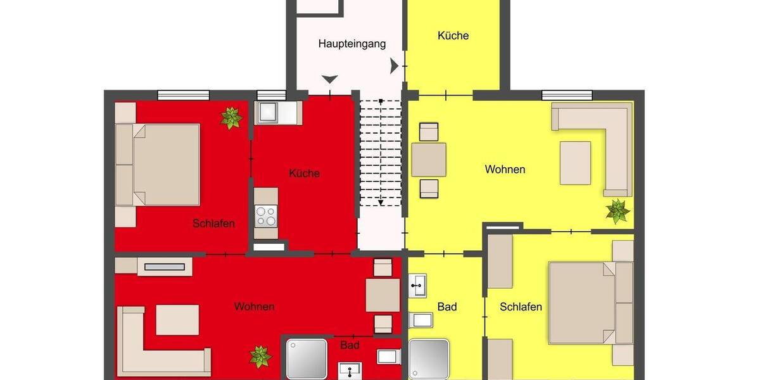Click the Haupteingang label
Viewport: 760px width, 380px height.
(352, 44)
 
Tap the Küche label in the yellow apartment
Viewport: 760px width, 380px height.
(453, 35)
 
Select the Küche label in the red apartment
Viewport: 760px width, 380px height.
(304, 173)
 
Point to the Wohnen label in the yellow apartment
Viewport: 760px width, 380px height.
(505, 169)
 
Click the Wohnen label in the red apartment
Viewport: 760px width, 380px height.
(254, 307)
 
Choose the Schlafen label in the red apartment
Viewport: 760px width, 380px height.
(214, 224)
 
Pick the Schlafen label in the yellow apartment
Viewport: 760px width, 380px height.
(521, 307)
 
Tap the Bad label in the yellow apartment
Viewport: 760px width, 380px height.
(447, 307)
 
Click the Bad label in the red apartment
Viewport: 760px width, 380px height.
(350, 345)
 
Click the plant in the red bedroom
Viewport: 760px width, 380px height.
(231, 118)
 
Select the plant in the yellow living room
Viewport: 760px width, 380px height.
(617, 211)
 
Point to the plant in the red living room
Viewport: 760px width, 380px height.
(260, 357)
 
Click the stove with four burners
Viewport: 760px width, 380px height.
(265, 217)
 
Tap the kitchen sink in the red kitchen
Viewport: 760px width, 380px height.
(268, 113)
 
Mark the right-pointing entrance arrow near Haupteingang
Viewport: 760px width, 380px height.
(395, 65)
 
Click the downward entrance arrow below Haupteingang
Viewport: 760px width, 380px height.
(330, 79)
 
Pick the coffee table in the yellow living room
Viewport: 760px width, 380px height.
(575, 163)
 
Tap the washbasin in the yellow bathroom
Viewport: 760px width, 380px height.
(418, 286)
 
